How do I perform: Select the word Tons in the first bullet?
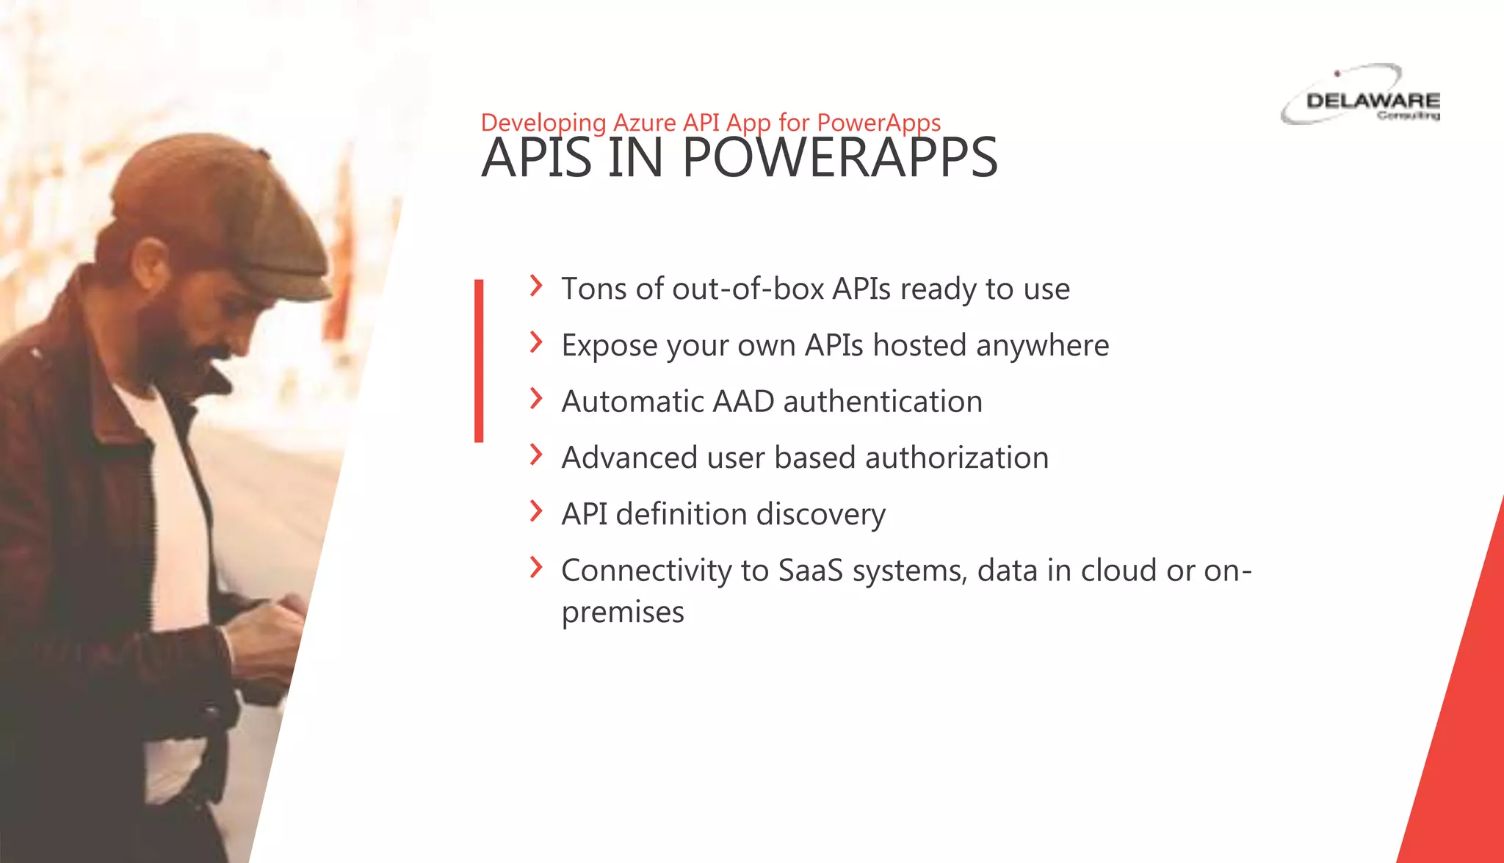pos(594,289)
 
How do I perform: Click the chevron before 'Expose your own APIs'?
pos(536,342)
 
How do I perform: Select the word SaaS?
pos(810,571)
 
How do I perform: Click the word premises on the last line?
pos(622,612)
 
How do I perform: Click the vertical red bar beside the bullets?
pos(479,361)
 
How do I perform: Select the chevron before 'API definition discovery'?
pos(536,511)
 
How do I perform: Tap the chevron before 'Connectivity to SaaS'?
pos(536,568)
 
